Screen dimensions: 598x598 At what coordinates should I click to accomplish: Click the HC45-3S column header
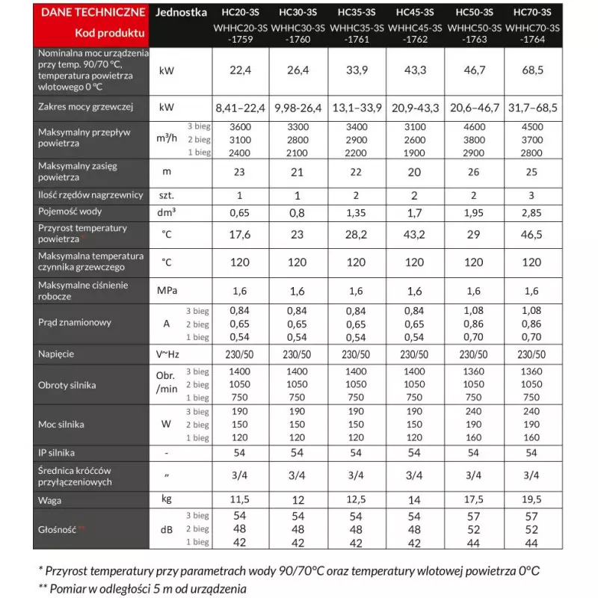point(415,12)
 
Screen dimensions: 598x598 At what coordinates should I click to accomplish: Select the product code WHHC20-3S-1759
point(239,34)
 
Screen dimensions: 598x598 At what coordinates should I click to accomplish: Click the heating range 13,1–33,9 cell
point(357,108)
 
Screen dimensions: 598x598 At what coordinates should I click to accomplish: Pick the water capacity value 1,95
point(474,212)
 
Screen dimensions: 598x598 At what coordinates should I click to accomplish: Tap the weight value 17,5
point(474,499)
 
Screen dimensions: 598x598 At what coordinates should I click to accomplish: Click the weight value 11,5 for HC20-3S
point(239,499)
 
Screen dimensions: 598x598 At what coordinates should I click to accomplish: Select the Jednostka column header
point(182,12)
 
